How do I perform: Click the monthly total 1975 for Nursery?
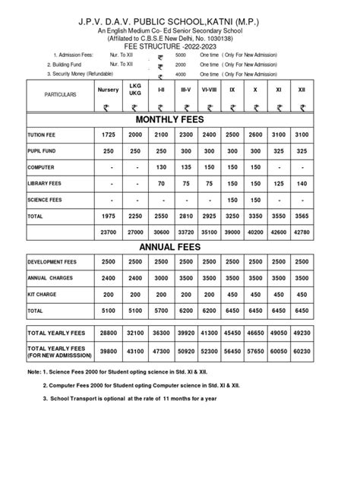(x=108, y=216)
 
